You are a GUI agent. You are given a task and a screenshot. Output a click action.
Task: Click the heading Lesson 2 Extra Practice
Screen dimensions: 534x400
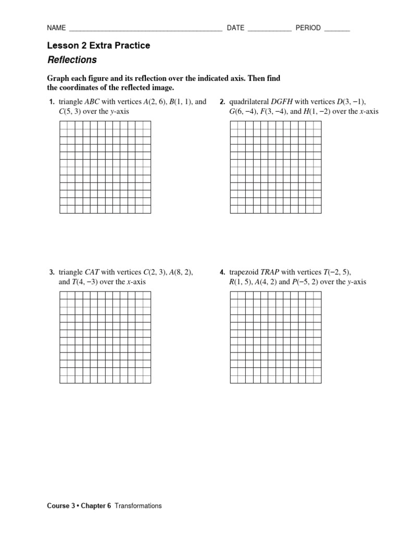pyautogui.click(x=98, y=45)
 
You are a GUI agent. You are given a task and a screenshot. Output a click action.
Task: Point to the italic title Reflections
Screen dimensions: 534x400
pyautogui.click(x=72, y=60)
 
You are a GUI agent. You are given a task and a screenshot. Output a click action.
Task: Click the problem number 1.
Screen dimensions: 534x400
pyautogui.click(x=52, y=102)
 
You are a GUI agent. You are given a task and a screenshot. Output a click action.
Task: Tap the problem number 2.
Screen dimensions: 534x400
pyautogui.click(x=222, y=102)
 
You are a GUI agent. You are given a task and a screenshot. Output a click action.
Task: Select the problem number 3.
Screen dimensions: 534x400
pyautogui.click(x=52, y=272)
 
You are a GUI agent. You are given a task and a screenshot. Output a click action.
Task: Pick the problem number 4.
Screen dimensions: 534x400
pyautogui.click(x=222, y=272)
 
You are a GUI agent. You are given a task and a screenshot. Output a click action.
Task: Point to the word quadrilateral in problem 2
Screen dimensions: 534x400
pyautogui.click(x=246, y=102)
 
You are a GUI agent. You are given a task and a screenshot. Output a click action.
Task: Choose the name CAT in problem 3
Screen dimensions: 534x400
pyautogui.click(x=92, y=272)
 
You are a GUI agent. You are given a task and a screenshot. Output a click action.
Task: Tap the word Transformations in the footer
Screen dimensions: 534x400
pyautogui.click(x=138, y=506)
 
